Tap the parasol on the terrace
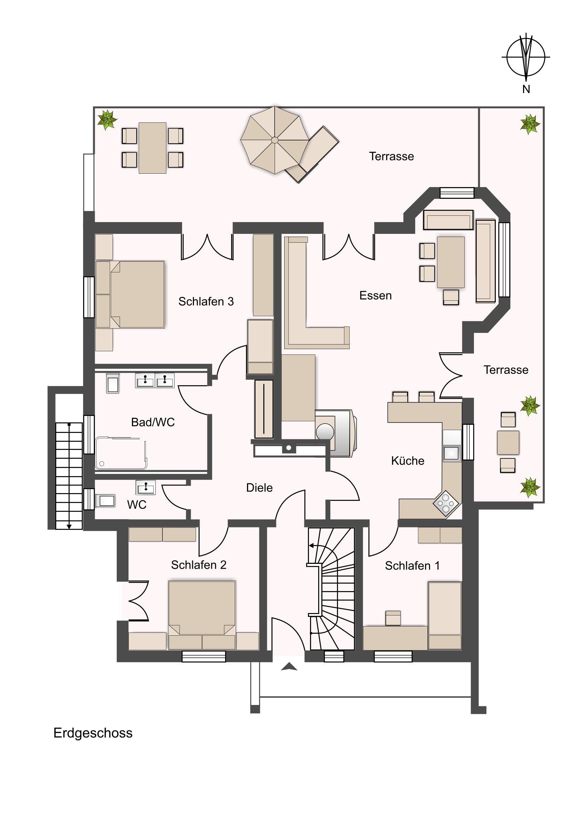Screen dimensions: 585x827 click(x=275, y=140)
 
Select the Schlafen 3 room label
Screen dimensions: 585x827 click(x=206, y=301)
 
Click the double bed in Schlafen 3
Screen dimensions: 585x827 click(x=130, y=294)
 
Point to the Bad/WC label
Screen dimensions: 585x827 click(x=153, y=422)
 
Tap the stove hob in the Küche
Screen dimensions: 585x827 click(x=446, y=504)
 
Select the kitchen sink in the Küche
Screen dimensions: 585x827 click(x=452, y=453)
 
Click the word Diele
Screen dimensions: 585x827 click(x=259, y=488)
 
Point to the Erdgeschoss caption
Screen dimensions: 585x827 click(x=93, y=733)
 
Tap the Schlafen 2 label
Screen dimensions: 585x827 click(x=199, y=565)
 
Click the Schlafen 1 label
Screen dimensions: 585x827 click(x=412, y=566)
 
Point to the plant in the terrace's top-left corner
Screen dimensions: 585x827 click(x=107, y=120)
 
